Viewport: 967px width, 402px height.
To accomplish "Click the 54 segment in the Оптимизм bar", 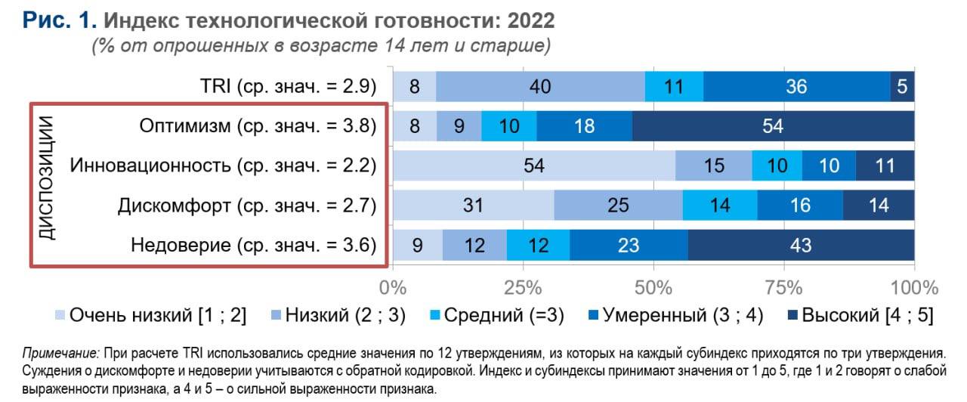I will point(773,126).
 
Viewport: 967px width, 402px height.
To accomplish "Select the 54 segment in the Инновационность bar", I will point(533,165).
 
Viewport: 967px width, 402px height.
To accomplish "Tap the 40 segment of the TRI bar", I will point(540,87).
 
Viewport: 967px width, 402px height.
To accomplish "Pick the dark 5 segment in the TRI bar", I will point(902,87).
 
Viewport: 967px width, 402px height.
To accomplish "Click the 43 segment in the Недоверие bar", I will point(801,245).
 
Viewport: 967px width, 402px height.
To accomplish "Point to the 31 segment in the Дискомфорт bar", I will point(473,205).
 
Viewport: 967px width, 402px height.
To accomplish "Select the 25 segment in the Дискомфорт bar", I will point(619,205).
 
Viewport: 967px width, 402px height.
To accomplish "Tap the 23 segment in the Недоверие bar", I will point(629,245).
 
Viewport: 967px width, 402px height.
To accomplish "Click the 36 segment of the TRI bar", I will point(796,87).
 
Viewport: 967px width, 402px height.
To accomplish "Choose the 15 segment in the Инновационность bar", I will point(714,165).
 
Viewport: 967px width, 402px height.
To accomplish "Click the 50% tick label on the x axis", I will point(653,288).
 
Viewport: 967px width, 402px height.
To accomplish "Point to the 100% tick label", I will point(914,288).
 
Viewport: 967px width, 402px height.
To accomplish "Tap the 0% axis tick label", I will point(392,288).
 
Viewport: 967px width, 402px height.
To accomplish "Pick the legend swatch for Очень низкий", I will point(60,316).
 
